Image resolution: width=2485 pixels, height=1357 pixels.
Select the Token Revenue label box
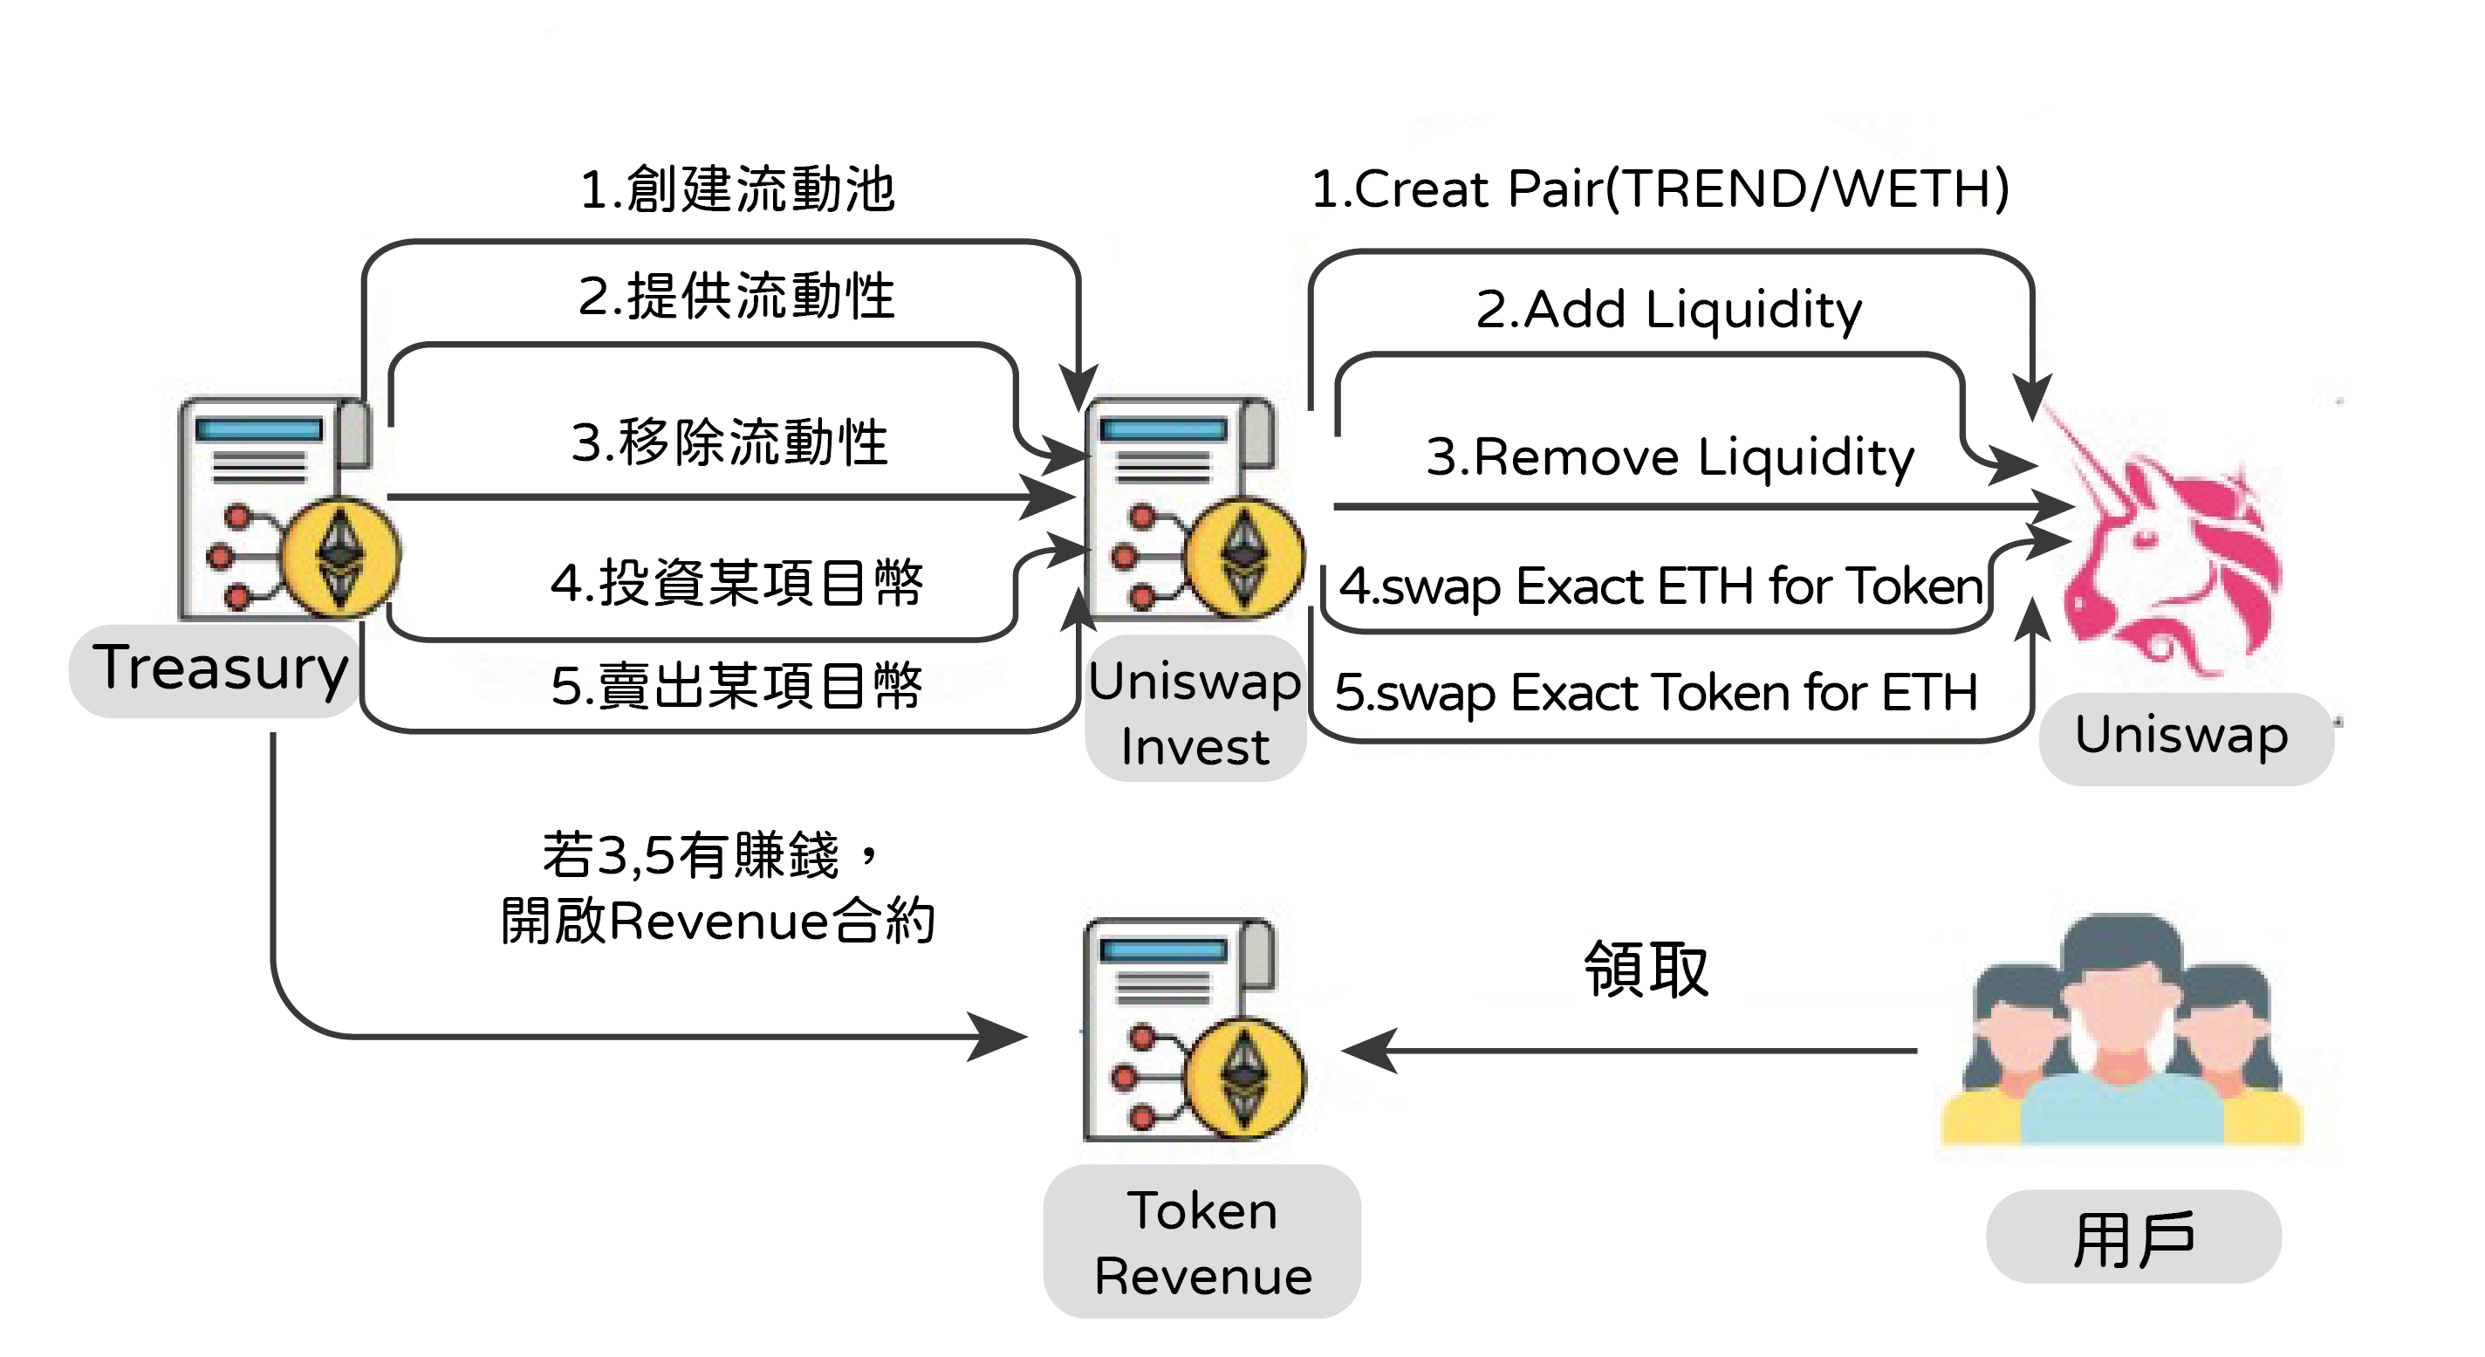tap(1202, 1241)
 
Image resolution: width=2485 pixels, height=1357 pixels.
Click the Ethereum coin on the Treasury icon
tap(340, 557)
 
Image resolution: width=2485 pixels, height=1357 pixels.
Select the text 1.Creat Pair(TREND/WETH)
tap(1660, 188)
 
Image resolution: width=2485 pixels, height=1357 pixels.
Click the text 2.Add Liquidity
tap(1669, 310)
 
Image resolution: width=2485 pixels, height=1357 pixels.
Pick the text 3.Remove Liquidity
tap(1670, 456)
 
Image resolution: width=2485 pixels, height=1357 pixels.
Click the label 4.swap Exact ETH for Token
tap(1660, 586)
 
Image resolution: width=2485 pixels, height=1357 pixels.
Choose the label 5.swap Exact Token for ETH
tap(1656, 693)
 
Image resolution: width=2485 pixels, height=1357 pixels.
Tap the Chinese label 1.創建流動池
tap(737, 189)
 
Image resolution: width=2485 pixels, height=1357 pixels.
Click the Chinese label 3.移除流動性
tap(729, 443)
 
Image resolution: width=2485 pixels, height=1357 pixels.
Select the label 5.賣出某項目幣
tap(737, 685)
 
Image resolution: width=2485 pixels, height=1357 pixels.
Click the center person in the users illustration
tap(2121, 1032)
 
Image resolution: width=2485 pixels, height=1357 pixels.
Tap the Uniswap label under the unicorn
tap(2182, 736)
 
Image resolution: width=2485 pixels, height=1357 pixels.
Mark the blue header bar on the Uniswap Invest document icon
tap(1163, 430)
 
